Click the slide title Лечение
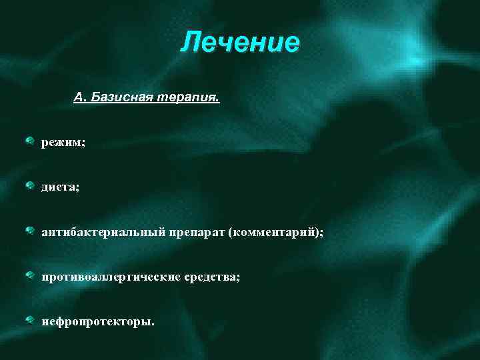pyautogui.click(x=240, y=43)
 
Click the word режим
pyautogui.click(x=61, y=144)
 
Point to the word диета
pyautogui.click(x=58, y=188)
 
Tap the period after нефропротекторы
pyautogui.click(x=153, y=324)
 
